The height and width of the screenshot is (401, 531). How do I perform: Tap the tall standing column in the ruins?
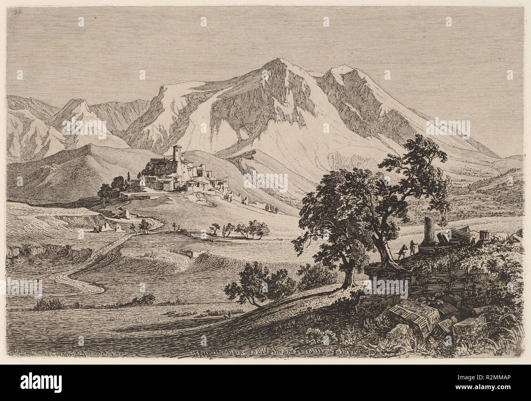pos(427,231)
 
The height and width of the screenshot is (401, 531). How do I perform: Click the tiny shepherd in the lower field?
pos(229,314)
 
